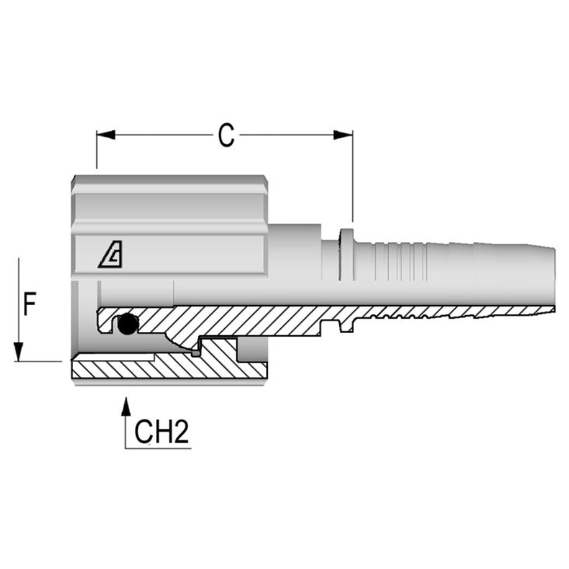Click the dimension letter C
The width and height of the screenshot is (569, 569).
point(226,136)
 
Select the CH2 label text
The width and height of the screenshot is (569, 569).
point(161,433)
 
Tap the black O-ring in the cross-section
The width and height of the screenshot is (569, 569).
point(127,325)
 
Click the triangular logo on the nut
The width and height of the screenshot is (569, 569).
point(111,258)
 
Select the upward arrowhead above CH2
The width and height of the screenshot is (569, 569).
point(125,407)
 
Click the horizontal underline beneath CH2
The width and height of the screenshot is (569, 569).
point(158,448)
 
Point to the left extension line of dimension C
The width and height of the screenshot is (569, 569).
point(97,153)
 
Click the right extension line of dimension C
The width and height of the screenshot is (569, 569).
point(352,179)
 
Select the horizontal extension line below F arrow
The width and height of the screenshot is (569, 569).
point(40,361)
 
